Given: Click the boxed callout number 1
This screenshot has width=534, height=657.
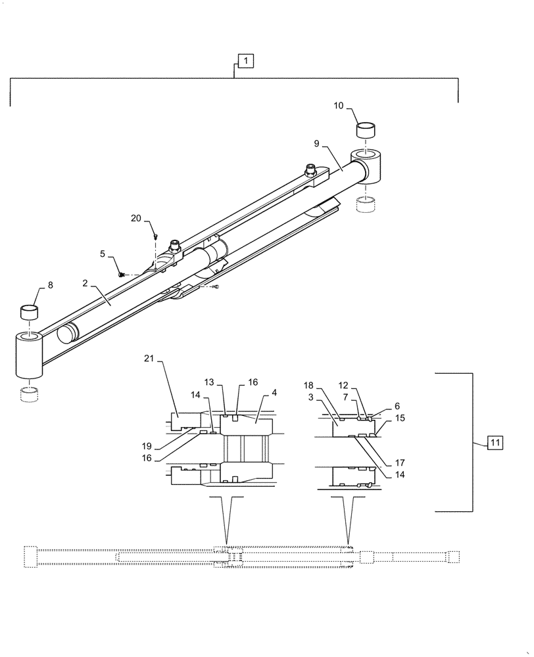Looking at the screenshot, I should (245, 61).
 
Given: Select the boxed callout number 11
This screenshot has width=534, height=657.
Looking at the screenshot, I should (495, 443).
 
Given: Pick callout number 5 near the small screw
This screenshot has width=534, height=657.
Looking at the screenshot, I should (102, 253).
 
